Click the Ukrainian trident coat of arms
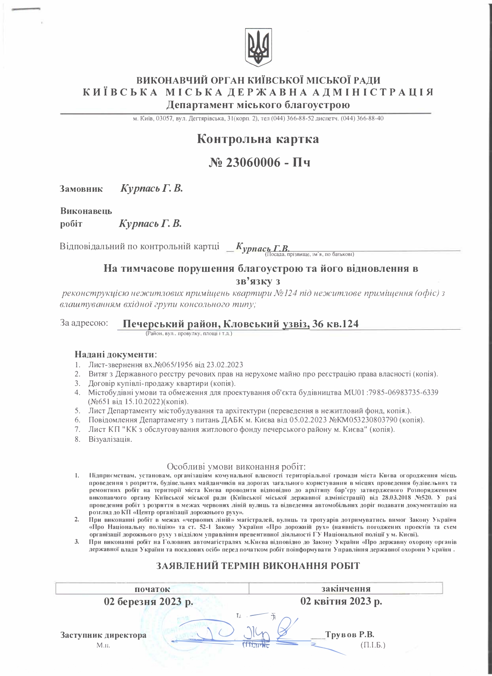tap(258, 47)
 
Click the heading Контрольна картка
tap(257, 139)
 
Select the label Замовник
tap(81, 189)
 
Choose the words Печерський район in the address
tap(171, 324)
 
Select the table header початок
tap(153, 589)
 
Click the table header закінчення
tap(345, 588)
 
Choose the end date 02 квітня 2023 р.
tap(341, 602)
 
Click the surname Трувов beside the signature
tap(339, 635)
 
